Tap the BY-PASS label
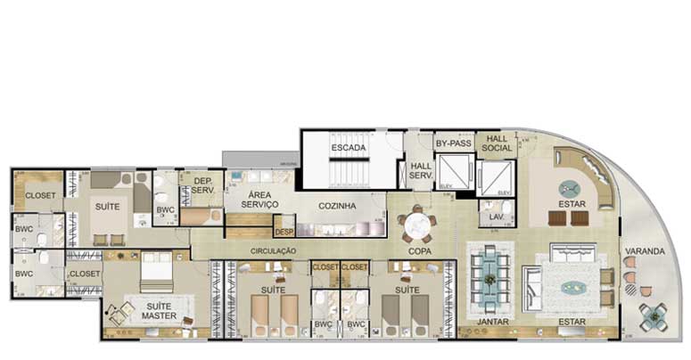453,143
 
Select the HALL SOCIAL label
497,143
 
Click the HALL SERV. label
420,171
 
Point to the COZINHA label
337,206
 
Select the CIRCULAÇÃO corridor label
273,252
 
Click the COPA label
420,252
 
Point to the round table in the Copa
417,225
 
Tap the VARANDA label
645,251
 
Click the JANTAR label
492,320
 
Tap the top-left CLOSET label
40,195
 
